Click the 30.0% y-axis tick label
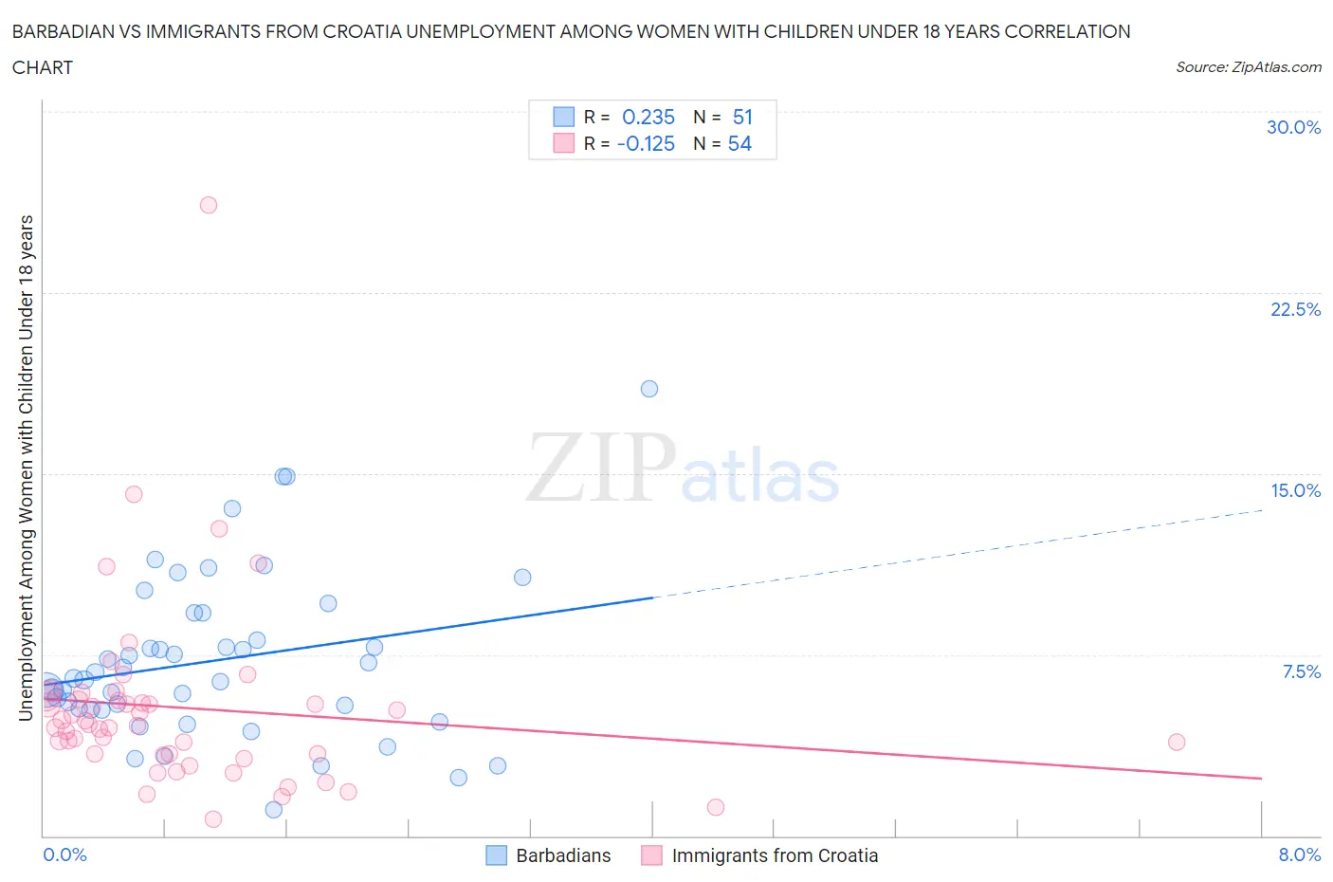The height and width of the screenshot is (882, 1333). click(x=1293, y=127)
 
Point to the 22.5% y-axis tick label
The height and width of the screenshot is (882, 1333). click(x=1295, y=309)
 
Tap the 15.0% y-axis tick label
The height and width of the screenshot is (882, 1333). click(x=1295, y=490)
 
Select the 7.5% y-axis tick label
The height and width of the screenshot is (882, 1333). click(x=1301, y=671)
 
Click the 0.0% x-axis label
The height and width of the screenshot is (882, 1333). click(x=64, y=854)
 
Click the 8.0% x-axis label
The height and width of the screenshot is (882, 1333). click(x=1299, y=854)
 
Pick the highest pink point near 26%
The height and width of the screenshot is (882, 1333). click(x=209, y=205)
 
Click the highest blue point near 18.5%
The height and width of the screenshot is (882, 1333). click(x=649, y=389)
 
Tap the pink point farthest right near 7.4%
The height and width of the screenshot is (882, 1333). click(x=1177, y=742)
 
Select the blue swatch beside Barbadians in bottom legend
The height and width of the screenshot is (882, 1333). click(x=497, y=855)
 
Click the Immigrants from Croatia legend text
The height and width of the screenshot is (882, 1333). click(x=775, y=855)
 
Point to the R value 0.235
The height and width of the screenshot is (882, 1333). click(x=648, y=117)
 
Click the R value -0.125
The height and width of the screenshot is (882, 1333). click(x=646, y=143)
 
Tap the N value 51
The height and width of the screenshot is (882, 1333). click(x=742, y=117)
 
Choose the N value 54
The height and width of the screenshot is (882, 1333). click(x=740, y=143)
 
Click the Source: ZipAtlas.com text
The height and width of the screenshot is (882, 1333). click(x=1248, y=66)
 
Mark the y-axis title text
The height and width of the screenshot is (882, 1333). click(x=27, y=468)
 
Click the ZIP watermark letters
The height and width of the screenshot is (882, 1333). click(x=601, y=467)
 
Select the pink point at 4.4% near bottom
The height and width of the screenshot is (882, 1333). click(x=716, y=807)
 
